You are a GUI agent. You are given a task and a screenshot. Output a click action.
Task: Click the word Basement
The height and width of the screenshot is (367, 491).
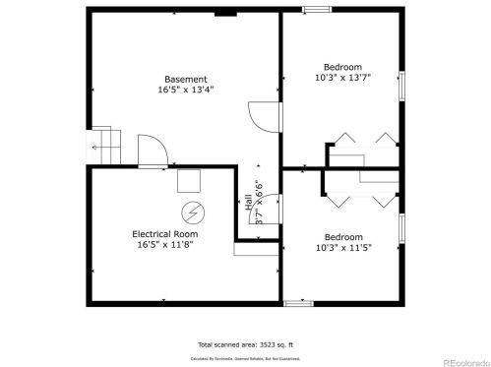click(x=185, y=80)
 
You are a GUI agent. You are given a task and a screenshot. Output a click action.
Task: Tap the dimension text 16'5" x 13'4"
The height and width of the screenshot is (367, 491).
click(x=185, y=91)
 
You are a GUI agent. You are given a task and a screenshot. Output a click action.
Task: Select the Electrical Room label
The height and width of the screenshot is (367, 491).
click(x=165, y=234)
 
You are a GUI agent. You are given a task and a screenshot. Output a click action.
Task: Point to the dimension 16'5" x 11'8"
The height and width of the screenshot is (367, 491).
click(x=165, y=245)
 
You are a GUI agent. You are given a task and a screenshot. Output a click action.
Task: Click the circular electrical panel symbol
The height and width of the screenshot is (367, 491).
click(x=191, y=212)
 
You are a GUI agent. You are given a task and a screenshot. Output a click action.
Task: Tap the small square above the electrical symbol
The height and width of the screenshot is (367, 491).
click(x=187, y=181)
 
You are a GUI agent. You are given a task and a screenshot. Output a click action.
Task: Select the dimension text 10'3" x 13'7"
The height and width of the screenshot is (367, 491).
click(x=343, y=77)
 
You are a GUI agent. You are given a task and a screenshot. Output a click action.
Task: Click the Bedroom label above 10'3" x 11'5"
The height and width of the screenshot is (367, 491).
click(x=343, y=236)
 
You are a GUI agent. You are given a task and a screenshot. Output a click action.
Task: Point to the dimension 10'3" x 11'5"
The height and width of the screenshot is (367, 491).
click(x=343, y=248)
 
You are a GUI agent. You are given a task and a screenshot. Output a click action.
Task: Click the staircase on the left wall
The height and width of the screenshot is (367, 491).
click(x=104, y=146)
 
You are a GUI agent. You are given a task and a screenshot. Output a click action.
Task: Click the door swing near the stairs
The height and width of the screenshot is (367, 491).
click(x=152, y=153)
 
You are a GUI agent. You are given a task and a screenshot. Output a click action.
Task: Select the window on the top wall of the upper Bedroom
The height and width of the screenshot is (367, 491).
click(x=316, y=10)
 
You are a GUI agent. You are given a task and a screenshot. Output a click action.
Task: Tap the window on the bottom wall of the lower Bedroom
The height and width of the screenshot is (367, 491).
click(x=297, y=302)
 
